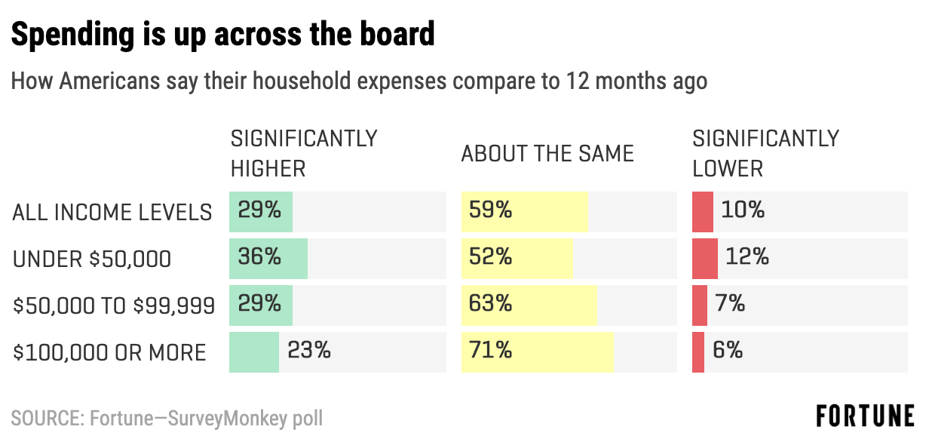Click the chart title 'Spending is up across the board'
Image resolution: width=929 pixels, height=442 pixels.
click(x=223, y=35)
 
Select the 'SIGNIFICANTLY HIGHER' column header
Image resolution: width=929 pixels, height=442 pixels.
click(x=303, y=153)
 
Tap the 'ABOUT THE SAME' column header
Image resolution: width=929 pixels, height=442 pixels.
click(x=547, y=154)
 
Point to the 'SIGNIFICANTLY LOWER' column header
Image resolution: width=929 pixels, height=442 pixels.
click(x=765, y=153)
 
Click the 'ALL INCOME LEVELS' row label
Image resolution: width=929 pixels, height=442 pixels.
click(x=112, y=213)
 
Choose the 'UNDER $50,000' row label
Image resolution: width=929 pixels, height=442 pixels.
click(x=92, y=259)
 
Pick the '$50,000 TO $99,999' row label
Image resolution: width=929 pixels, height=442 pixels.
click(x=114, y=306)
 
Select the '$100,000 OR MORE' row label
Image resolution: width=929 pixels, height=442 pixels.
click(x=109, y=352)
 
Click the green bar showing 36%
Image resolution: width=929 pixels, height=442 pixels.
click(x=268, y=259)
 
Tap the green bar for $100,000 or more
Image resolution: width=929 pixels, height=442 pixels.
click(x=254, y=352)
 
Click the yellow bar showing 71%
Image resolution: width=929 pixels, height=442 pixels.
click(x=537, y=352)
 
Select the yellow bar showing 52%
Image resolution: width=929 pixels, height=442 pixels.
click(x=517, y=259)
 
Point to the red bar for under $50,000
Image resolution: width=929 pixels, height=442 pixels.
click(x=705, y=259)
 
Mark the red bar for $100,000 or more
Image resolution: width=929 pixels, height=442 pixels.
click(x=698, y=352)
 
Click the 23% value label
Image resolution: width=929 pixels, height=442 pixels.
click(x=308, y=351)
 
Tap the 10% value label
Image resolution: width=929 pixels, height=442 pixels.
click(x=743, y=210)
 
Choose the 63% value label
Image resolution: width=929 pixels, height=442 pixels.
click(x=490, y=304)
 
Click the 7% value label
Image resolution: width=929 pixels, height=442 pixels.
click(x=730, y=304)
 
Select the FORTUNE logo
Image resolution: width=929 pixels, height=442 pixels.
click(x=865, y=416)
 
